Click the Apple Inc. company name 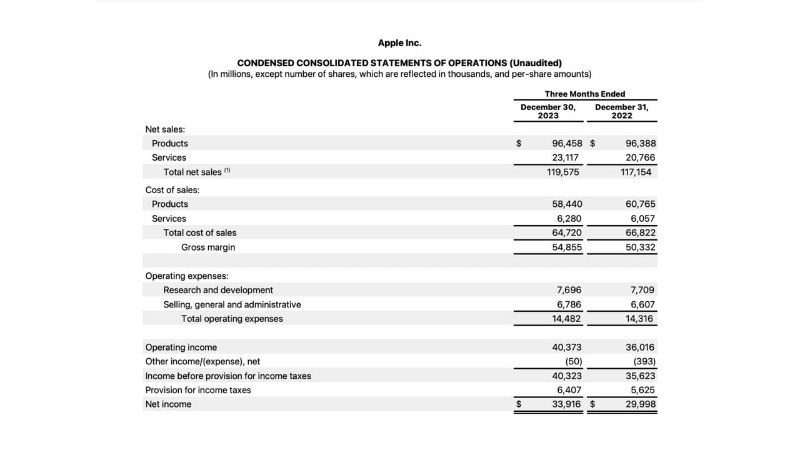[399, 43]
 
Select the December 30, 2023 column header [548, 111]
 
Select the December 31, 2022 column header [622, 111]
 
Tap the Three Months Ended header [585, 94]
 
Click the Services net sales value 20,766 [641, 157]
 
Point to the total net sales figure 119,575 [563, 172]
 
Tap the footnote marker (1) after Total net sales [227, 170]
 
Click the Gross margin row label [208, 247]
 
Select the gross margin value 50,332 [641, 247]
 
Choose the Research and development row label [218, 290]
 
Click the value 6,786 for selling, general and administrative [569, 304]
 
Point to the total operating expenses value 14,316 [639, 319]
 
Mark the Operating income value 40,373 [567, 347]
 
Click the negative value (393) [644, 361]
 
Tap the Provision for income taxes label [198, 390]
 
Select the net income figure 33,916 [566, 404]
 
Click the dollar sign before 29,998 [592, 404]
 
